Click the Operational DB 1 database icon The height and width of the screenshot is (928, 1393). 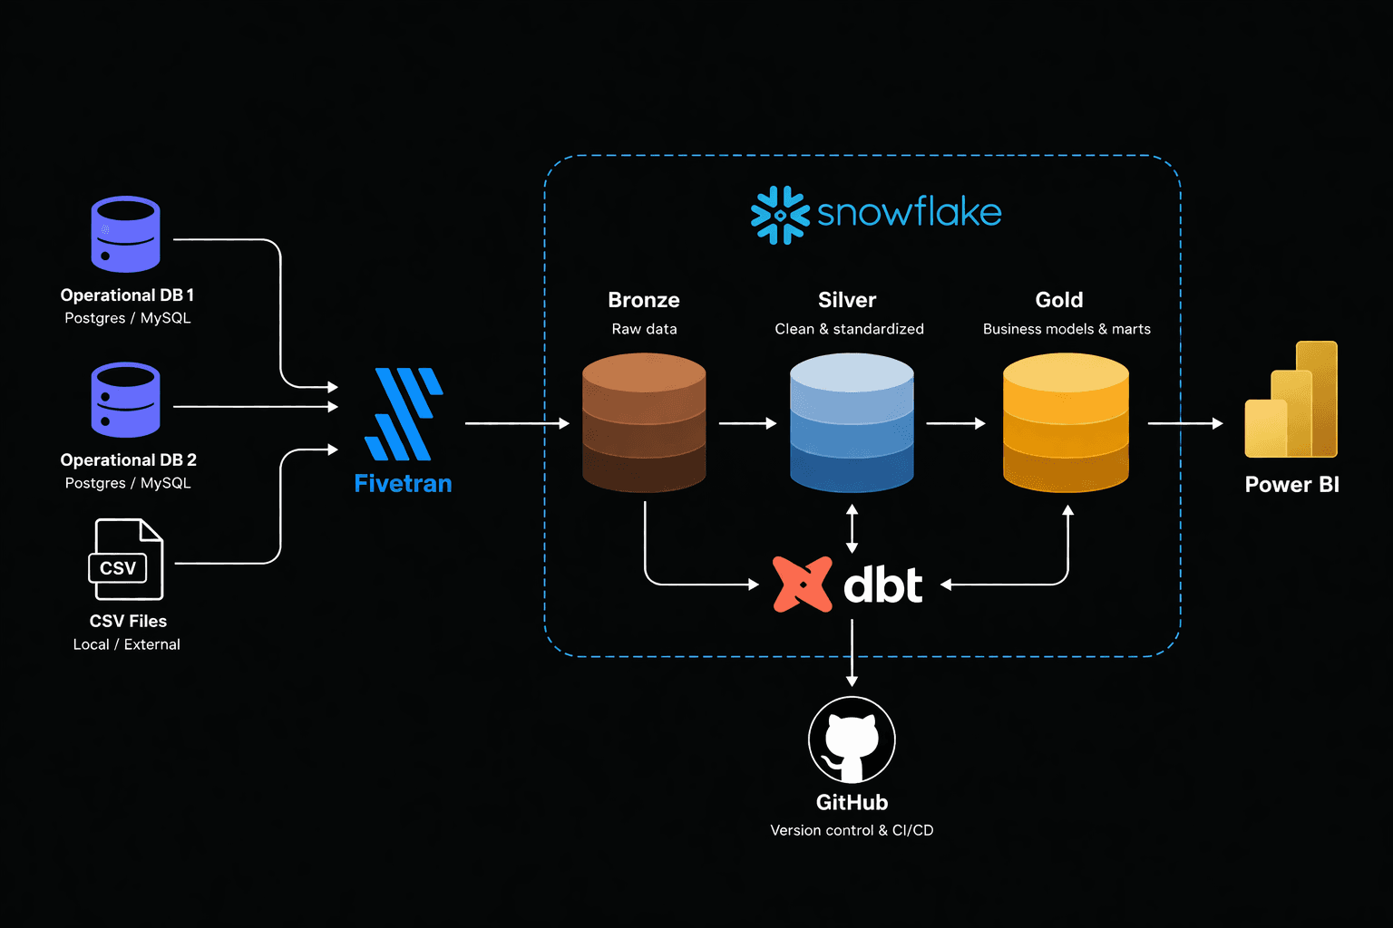pos(125,234)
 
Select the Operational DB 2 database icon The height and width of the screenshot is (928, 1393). pos(125,400)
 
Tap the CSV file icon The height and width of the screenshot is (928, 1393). pos(126,559)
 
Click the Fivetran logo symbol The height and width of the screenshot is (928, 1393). pos(403,414)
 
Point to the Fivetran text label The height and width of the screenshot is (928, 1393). pos(403,484)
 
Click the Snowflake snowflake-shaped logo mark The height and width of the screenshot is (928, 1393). pos(779,215)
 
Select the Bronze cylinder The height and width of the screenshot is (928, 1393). pos(644,422)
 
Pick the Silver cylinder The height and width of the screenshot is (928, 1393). pos(852,422)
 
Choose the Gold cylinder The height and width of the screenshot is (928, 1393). pos(1066,422)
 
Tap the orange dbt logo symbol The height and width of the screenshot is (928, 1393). pos(802,585)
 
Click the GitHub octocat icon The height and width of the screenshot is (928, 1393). pos(852,739)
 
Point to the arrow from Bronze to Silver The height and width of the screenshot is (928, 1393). pos(747,423)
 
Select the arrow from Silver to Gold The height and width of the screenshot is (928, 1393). pos(955,423)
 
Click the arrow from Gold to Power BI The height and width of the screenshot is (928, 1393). pos(1184,423)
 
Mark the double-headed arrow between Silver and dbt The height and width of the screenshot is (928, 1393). pos(852,529)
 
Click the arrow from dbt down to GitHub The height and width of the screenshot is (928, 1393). pos(852,652)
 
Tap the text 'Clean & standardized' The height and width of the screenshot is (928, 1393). pos(849,329)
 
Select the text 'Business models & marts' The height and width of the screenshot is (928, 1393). pos(1067,329)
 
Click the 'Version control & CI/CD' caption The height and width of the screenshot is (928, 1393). pos(852,830)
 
